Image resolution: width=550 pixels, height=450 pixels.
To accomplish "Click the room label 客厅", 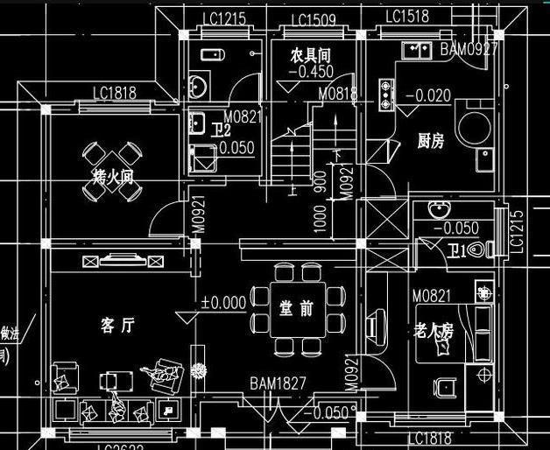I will (x=116, y=326).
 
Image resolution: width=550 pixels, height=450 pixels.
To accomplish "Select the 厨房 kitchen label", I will (x=430, y=140).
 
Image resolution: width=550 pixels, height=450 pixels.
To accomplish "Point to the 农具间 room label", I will (x=311, y=55).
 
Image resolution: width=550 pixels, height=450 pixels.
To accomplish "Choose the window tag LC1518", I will (x=406, y=17).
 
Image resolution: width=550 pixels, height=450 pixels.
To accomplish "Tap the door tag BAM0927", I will (x=469, y=49).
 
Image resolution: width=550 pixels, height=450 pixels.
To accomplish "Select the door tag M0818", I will (x=336, y=94).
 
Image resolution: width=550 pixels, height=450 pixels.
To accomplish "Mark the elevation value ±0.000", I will (x=223, y=303).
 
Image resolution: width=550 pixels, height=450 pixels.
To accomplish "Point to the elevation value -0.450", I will (x=312, y=72).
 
